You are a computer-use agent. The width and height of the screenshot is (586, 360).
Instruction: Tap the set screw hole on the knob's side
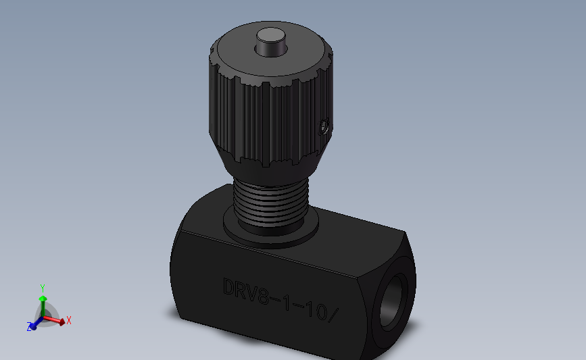coord(324,126)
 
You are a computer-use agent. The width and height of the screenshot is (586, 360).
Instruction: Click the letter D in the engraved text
coord(229,287)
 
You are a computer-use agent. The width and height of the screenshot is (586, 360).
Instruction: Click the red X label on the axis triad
coord(69,320)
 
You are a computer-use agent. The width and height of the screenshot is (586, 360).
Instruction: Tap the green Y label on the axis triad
coord(42,288)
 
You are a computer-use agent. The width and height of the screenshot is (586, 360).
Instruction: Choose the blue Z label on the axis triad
coord(29,327)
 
